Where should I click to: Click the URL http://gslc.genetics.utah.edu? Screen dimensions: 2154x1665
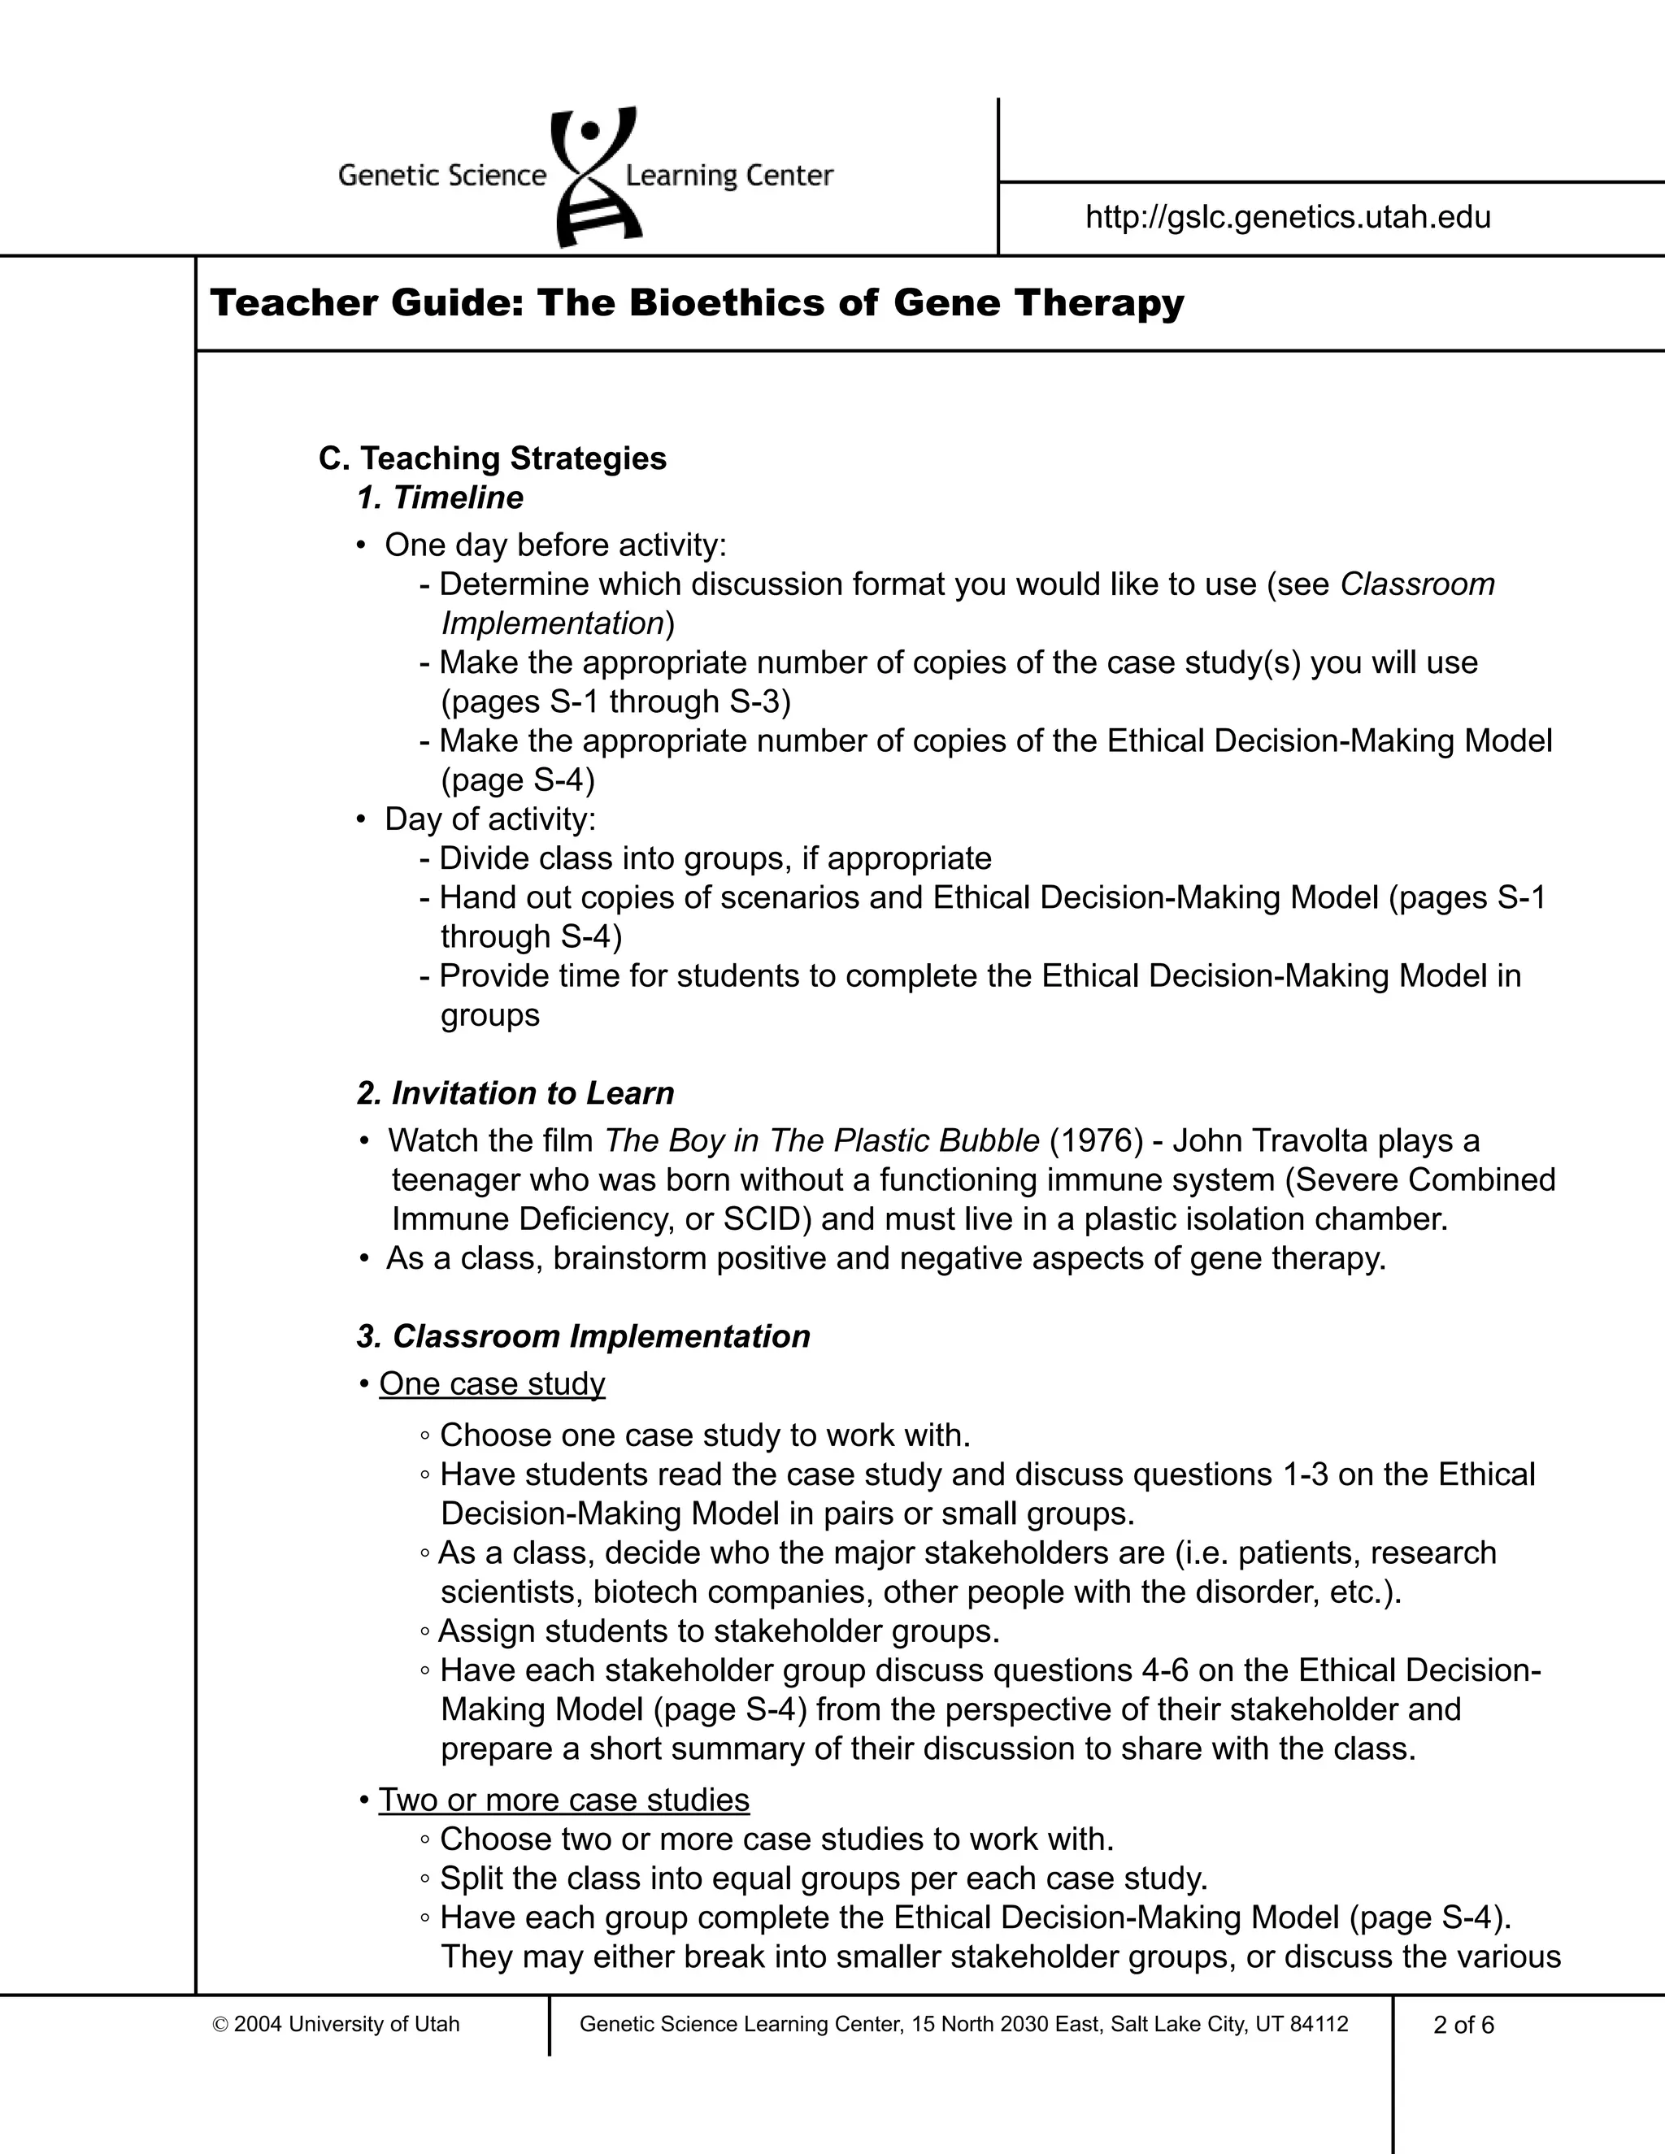[1289, 217]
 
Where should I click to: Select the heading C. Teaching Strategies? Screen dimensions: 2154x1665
[492, 458]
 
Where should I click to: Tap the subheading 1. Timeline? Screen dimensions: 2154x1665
[440, 498]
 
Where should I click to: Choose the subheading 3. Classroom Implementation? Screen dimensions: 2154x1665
[583, 1336]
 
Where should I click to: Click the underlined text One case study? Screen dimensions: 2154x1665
[491, 1383]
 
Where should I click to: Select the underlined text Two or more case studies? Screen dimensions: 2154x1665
[563, 1800]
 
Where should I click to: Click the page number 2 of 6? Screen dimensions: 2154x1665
[1463, 2025]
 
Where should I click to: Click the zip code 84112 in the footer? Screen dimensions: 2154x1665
[1319, 2025]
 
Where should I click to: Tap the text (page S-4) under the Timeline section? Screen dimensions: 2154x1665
[518, 780]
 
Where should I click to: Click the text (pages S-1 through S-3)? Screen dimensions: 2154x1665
[615, 702]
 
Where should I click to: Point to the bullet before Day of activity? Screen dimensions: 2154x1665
[362, 819]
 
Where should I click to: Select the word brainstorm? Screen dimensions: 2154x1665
[628, 1259]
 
